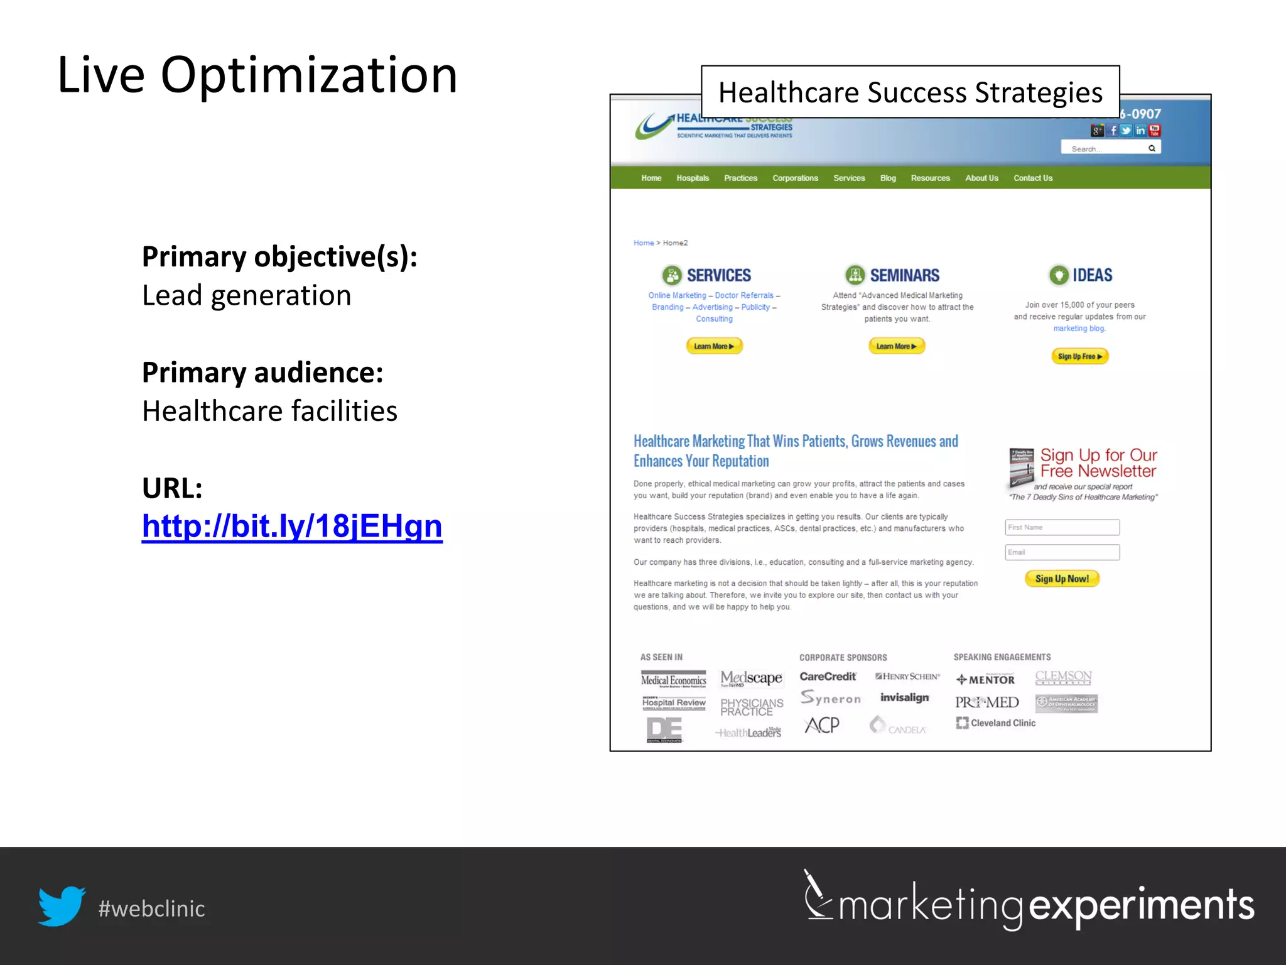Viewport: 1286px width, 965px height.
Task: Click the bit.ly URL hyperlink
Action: [292, 526]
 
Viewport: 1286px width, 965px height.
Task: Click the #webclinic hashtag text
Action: [151, 908]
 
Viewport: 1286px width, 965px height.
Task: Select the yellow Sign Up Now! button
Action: [1062, 579]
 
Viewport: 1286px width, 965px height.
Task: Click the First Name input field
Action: [1062, 527]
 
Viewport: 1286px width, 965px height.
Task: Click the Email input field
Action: [1062, 552]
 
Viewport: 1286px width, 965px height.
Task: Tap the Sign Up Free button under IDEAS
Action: [1079, 356]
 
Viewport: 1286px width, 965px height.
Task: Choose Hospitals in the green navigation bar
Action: [693, 178]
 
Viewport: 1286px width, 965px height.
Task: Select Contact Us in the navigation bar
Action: [1032, 178]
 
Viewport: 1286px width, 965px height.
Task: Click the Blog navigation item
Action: [888, 178]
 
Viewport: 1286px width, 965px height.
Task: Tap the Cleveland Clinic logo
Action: [996, 723]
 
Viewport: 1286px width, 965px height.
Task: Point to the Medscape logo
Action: [751, 679]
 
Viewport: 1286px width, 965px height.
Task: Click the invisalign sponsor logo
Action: [904, 697]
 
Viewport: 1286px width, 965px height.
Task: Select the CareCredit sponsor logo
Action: [828, 677]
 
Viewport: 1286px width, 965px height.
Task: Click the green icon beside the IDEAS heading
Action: [1059, 275]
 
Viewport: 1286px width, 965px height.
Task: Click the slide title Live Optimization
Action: [257, 75]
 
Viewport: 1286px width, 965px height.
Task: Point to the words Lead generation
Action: [247, 295]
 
